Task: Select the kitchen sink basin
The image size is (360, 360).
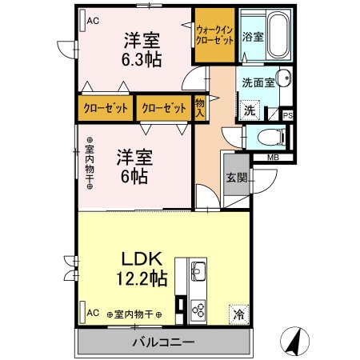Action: tap(198, 271)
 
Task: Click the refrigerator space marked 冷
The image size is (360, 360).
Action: tap(238, 314)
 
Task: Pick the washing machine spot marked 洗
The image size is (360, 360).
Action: tap(250, 110)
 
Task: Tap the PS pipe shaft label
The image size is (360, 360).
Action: tap(288, 116)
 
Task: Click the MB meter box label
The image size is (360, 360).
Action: tap(273, 158)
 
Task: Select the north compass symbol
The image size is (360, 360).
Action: tap(295, 341)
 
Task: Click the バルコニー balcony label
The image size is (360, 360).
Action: tap(163, 342)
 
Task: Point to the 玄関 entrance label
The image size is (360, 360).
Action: tap(237, 178)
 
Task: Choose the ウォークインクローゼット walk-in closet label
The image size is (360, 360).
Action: tap(214, 35)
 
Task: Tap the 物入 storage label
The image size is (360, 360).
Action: tap(200, 107)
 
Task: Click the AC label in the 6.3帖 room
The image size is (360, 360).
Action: tap(93, 21)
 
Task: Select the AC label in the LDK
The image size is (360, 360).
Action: tap(93, 313)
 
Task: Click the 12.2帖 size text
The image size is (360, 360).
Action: tap(142, 278)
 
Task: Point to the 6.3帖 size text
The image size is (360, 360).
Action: tap(142, 59)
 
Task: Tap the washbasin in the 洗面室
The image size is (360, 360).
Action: tap(284, 78)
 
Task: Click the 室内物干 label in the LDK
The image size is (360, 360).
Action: tap(134, 314)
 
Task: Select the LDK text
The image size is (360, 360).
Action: tap(142, 258)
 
